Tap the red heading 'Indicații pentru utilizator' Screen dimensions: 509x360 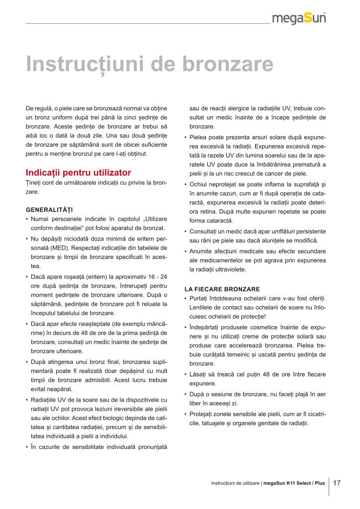(x=78, y=172)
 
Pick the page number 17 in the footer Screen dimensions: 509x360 (x=337, y=483)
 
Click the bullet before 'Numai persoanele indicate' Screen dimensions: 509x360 (x=27, y=219)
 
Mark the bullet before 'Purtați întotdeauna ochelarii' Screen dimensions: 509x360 (x=185, y=298)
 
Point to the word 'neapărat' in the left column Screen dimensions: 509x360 (x=60, y=389)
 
